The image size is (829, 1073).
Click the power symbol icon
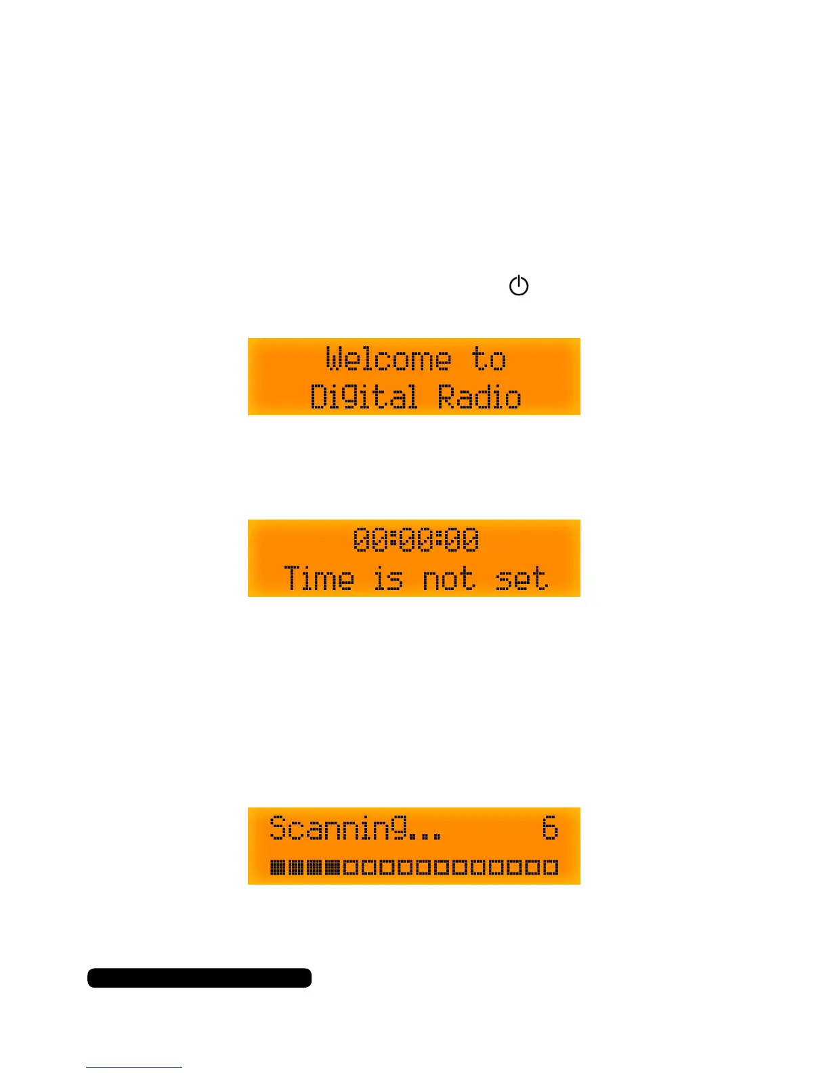(x=519, y=286)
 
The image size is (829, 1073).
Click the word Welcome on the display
(x=388, y=359)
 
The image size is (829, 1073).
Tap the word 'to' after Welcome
(x=489, y=359)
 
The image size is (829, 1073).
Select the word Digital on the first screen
(x=364, y=397)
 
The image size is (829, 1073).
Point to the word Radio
(x=480, y=397)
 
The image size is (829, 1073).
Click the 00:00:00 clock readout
(x=416, y=540)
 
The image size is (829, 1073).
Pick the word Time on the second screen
(x=319, y=578)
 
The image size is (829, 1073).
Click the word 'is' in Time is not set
(x=389, y=578)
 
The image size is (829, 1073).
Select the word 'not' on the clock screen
(x=448, y=578)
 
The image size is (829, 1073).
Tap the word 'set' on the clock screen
(x=521, y=578)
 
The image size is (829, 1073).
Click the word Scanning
(x=339, y=828)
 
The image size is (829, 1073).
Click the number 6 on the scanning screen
(x=550, y=828)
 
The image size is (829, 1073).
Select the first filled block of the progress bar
(x=277, y=867)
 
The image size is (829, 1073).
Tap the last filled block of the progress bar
(x=332, y=867)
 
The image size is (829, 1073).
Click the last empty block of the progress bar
(x=551, y=867)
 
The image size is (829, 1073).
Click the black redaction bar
(x=199, y=977)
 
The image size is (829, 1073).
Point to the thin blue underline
(x=134, y=1067)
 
